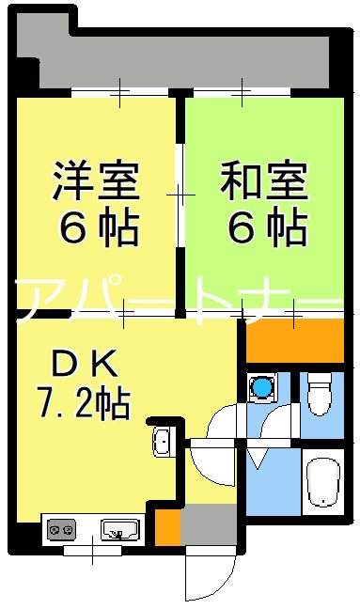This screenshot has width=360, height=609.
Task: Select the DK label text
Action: (x=83, y=362)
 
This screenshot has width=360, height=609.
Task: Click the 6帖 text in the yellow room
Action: (x=96, y=227)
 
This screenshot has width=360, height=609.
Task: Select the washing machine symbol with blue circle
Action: (x=262, y=386)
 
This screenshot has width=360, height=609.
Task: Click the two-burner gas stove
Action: (x=61, y=530)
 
